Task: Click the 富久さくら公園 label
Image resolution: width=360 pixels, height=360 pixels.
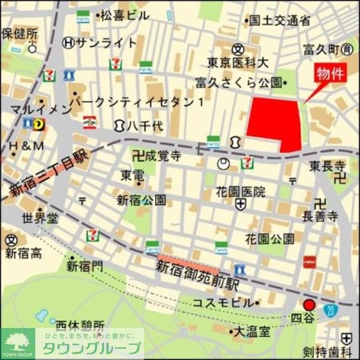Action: coord(238,82)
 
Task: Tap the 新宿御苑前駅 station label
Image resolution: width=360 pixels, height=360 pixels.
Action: coord(198,275)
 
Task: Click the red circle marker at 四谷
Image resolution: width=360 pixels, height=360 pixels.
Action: coord(309,305)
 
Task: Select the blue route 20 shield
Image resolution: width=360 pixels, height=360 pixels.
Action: coord(331,311)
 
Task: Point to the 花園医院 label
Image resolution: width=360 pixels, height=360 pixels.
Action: coord(242,192)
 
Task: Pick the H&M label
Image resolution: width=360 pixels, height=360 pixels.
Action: coord(26,146)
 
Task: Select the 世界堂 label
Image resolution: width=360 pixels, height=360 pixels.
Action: coord(41,217)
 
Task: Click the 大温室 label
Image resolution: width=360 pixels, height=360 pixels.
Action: coord(251,331)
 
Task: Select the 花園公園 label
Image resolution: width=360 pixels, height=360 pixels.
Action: coord(270,239)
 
